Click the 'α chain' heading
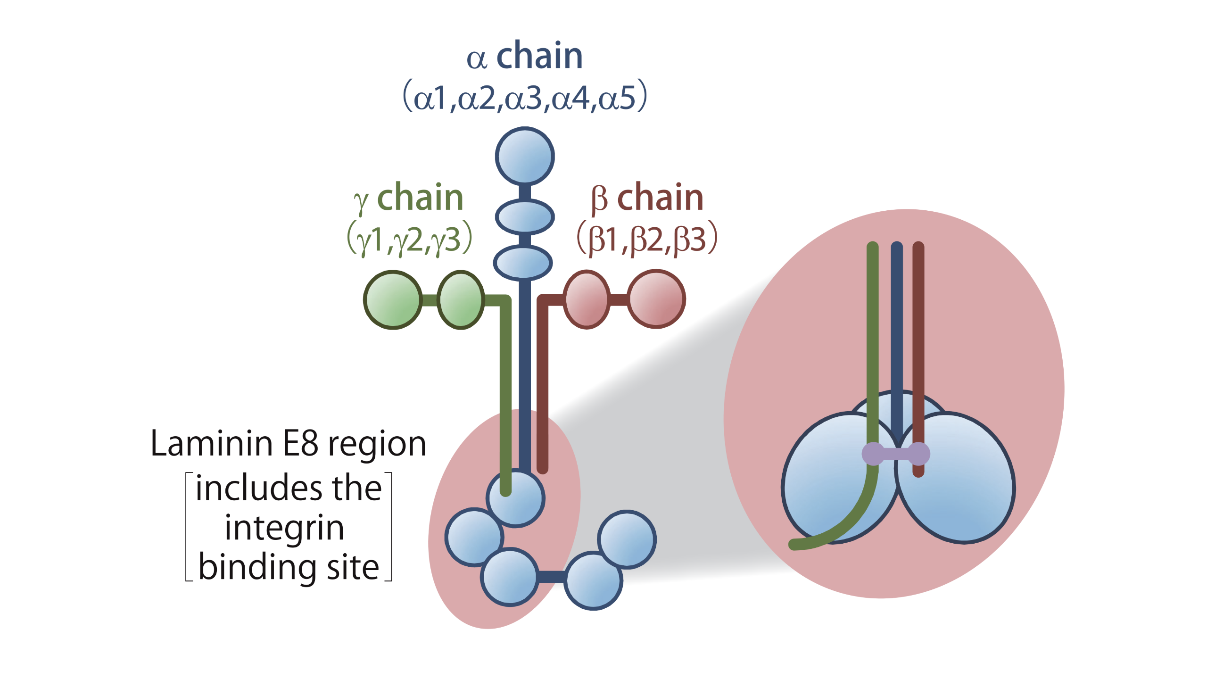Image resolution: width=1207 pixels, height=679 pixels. click(x=525, y=56)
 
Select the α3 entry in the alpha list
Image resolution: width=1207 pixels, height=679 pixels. click(x=523, y=98)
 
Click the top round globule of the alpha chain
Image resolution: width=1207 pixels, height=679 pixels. click(x=524, y=156)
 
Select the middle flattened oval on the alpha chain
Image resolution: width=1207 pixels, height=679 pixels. click(x=524, y=216)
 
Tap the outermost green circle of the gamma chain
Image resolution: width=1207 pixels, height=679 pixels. click(x=392, y=299)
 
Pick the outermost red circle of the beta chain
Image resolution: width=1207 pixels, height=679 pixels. click(x=656, y=299)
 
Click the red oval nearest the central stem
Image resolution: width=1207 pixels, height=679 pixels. click(x=587, y=299)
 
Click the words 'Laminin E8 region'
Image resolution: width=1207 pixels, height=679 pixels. click(x=288, y=444)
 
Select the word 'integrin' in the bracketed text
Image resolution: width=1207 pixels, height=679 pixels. click(x=284, y=528)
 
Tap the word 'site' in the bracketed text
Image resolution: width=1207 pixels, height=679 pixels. click(x=353, y=567)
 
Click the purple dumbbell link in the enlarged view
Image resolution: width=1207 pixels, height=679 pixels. click(x=895, y=454)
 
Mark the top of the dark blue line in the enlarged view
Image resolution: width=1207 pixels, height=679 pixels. click(x=896, y=247)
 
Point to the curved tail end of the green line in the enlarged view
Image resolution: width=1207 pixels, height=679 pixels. click(x=794, y=545)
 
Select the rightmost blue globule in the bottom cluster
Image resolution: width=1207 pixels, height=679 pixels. click(x=627, y=539)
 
